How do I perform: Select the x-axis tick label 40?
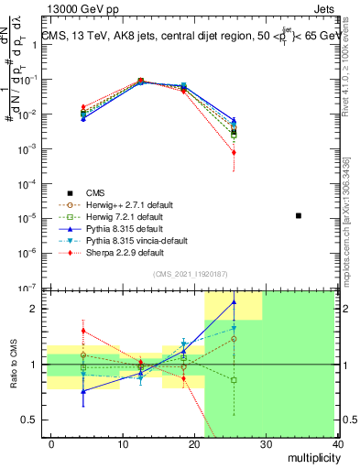[337, 444]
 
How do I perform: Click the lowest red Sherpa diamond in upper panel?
[234, 153]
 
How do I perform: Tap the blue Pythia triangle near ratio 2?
[234, 301]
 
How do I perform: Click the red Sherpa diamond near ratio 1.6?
[83, 331]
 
